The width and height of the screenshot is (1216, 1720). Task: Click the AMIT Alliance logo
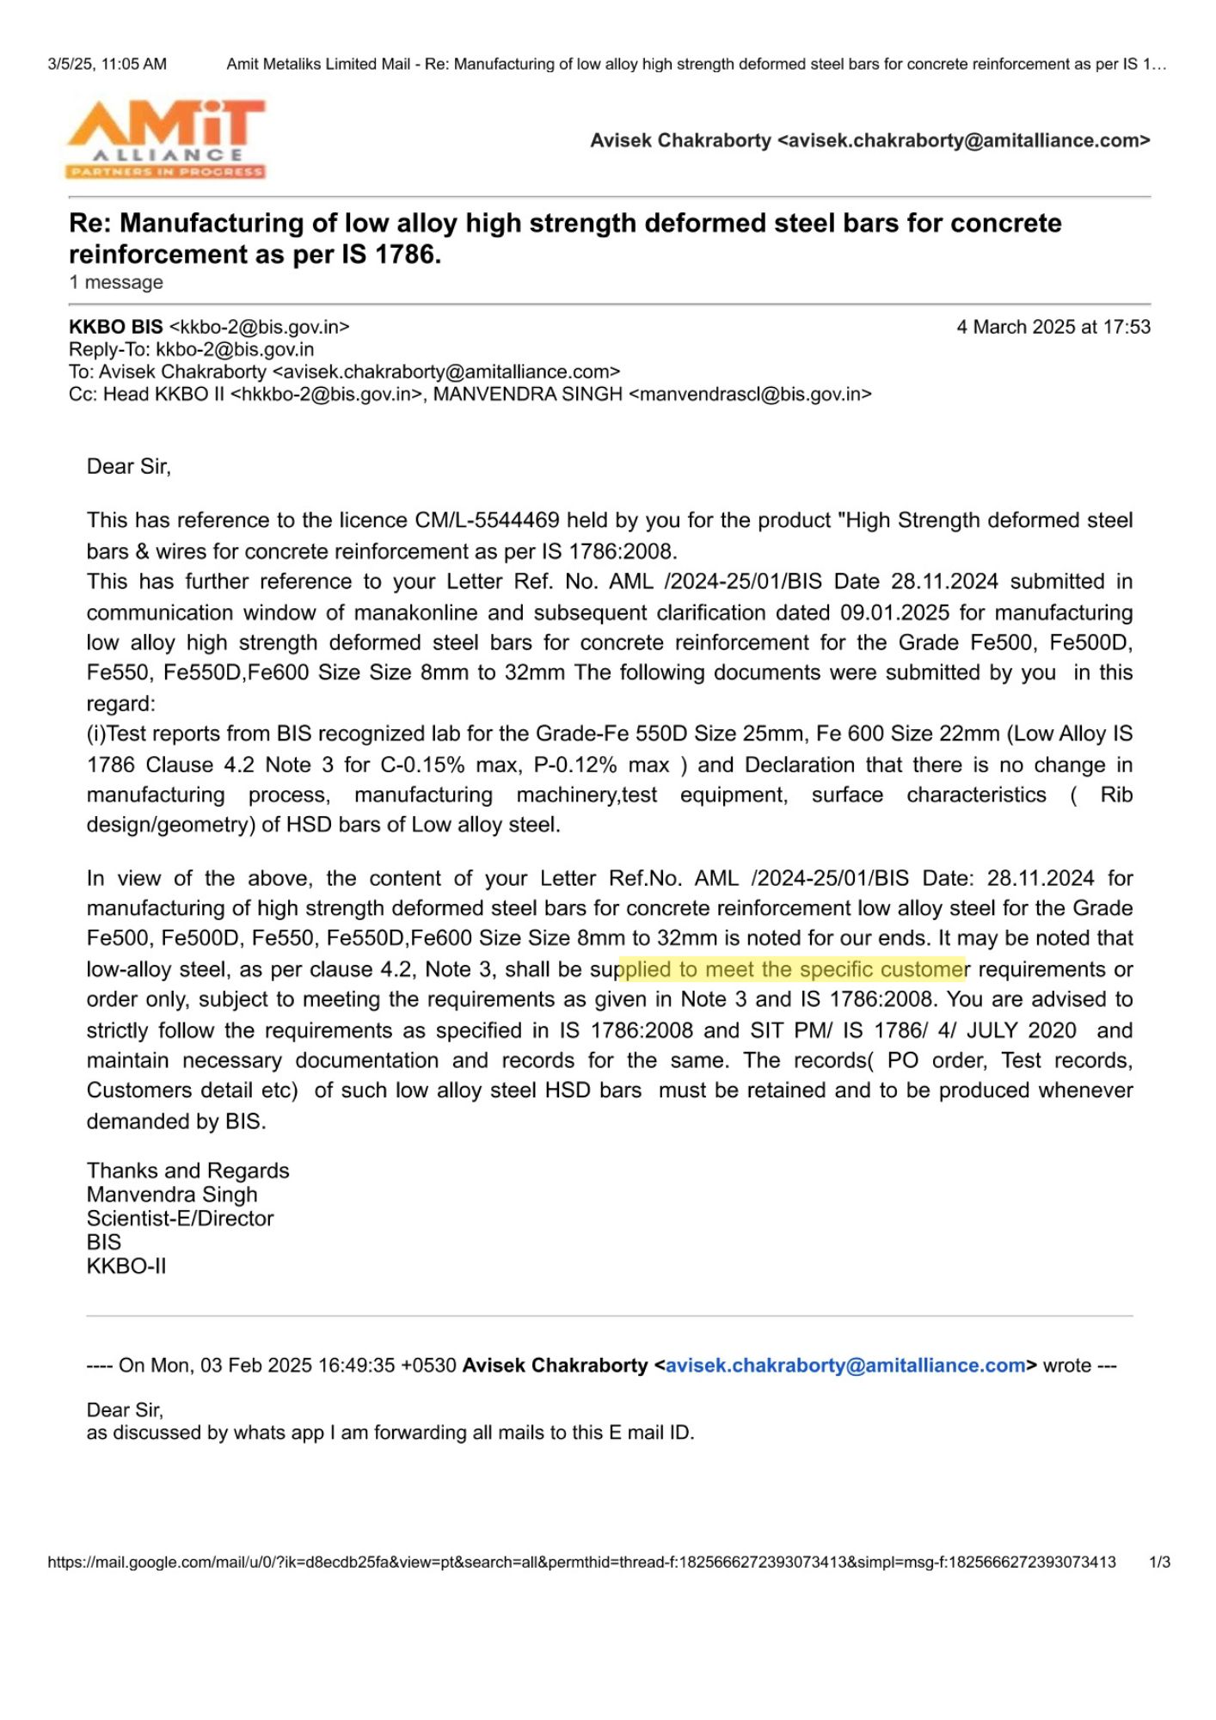click(166, 138)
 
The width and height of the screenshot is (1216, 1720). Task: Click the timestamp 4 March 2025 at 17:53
click(1053, 327)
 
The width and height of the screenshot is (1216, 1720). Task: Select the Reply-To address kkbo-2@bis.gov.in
click(235, 349)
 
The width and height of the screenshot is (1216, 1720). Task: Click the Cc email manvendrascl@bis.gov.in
click(751, 394)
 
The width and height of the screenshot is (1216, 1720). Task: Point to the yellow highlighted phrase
click(792, 969)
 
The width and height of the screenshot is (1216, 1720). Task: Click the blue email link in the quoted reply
click(845, 1365)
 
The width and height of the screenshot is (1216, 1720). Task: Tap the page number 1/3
click(1159, 1562)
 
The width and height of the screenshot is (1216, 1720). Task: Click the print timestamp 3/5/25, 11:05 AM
click(107, 64)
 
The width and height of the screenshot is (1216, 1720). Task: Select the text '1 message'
click(116, 282)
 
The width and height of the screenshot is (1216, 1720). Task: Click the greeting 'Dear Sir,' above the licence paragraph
click(129, 466)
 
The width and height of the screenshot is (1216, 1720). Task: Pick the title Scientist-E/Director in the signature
click(180, 1218)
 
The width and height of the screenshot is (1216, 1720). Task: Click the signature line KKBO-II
click(126, 1265)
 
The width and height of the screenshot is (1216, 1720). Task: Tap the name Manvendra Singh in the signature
click(172, 1194)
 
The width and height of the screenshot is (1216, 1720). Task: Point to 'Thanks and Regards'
click(187, 1170)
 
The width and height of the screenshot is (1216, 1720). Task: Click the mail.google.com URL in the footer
click(581, 1562)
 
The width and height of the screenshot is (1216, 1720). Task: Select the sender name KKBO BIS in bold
click(116, 327)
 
